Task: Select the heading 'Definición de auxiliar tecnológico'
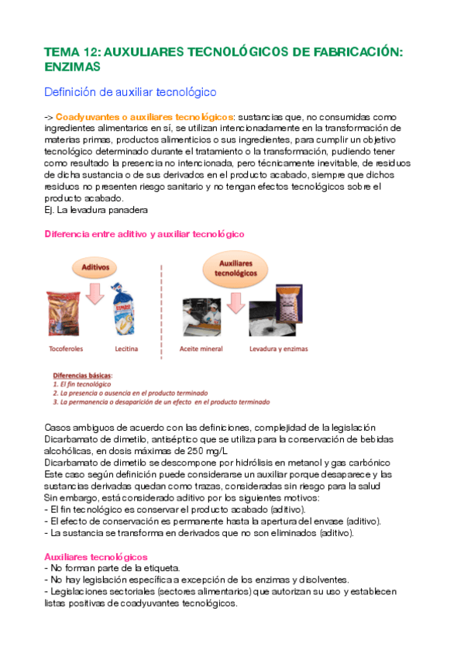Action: (129, 92)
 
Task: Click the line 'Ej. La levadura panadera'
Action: (95, 209)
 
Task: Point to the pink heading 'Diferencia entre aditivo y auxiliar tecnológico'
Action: (144, 233)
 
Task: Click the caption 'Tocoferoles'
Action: (72, 349)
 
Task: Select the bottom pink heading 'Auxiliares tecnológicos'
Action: (96, 556)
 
